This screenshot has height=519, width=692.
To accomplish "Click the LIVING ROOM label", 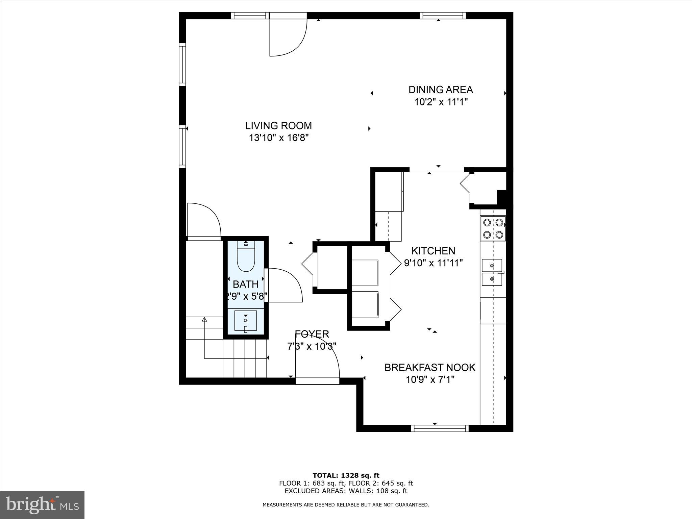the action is pos(278,126).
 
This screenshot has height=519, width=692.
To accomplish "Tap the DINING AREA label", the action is pos(441,90).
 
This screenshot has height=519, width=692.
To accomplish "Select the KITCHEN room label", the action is pos(433,251).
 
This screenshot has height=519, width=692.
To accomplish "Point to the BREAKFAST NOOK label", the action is pos(430,367).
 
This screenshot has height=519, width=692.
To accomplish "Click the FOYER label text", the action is pos(312,334).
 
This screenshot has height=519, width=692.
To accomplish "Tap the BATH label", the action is pos(246,284).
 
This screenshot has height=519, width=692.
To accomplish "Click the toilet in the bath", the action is pos(246,256).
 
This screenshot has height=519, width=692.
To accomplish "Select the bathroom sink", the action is pos(246,321).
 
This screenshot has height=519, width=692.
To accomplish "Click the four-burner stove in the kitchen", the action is pos(493,229).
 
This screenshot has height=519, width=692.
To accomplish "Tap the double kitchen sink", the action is pos(492,272).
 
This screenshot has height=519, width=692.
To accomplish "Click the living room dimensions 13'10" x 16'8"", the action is pos(279,138).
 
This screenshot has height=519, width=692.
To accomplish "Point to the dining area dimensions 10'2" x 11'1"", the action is pos(441,102).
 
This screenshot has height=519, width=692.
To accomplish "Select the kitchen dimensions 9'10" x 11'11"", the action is pos(433,263).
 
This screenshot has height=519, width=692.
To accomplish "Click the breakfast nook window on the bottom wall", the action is pos(440,428).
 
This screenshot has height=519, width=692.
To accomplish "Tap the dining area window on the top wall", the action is pos(443,16).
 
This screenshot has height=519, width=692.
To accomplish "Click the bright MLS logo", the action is pos(42,505).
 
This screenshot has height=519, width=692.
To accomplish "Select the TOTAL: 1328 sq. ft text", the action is pos(346,475).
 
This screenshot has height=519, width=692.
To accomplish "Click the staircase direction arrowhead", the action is pos(204,319).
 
